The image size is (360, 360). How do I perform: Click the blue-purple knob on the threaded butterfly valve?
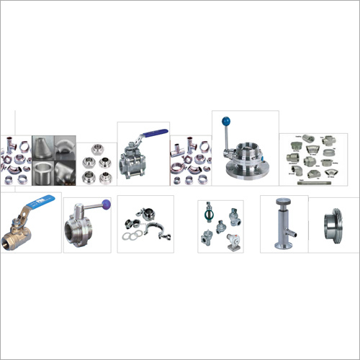(106, 204)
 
